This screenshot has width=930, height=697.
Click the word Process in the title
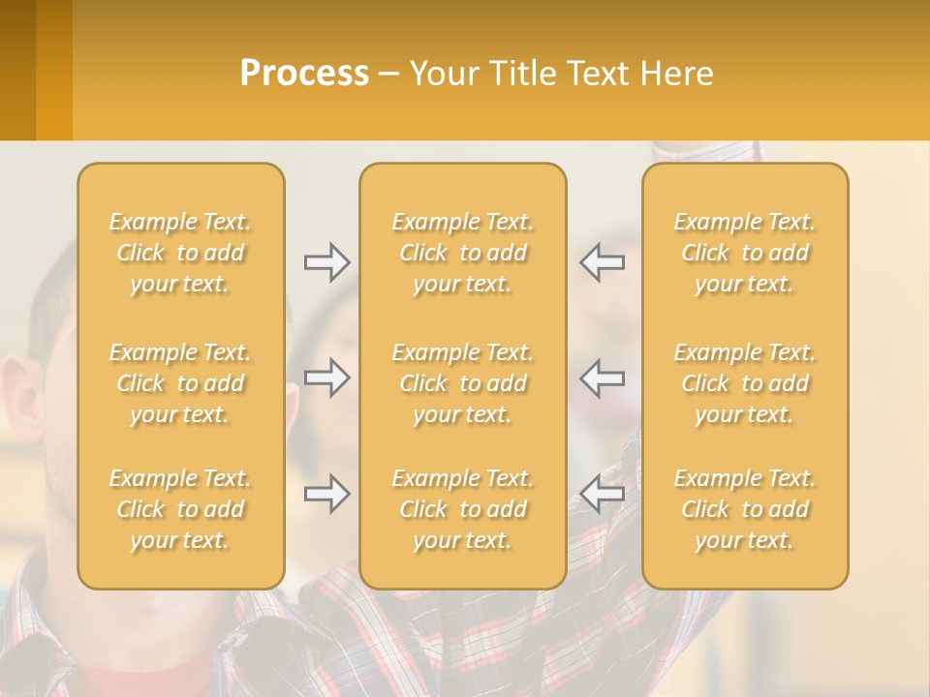point(304,74)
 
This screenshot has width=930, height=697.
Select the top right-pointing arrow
point(327,261)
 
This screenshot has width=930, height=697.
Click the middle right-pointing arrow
point(327,377)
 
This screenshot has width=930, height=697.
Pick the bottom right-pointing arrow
point(327,494)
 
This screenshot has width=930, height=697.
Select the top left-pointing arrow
point(603,261)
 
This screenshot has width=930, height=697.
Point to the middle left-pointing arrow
point(603,377)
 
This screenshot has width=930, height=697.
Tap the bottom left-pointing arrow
point(603,494)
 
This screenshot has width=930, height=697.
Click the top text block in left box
point(180,253)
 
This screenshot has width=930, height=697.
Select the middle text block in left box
point(180,383)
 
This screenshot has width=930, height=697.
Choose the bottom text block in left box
point(180,509)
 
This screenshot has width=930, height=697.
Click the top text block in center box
point(463,253)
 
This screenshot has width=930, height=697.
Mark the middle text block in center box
point(463,383)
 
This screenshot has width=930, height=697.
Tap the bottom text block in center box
point(463,509)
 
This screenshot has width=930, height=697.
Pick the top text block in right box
point(745,253)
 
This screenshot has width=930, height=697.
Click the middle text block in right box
point(745,383)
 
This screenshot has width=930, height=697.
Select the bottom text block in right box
point(745,509)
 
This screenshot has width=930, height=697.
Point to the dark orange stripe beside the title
point(54,70)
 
